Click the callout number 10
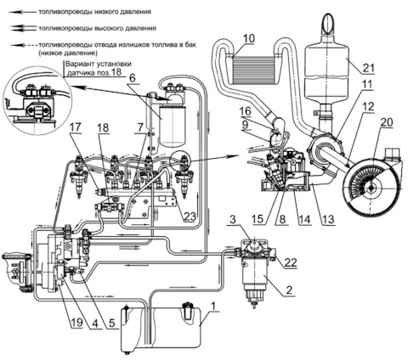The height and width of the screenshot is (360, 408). (248, 38)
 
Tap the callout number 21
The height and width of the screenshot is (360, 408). (367, 68)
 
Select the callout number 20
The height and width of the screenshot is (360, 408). (387, 122)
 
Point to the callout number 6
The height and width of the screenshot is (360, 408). (132, 78)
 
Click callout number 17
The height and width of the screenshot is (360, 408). (76, 127)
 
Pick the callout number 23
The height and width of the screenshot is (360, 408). (190, 217)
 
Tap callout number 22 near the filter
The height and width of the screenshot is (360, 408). (291, 262)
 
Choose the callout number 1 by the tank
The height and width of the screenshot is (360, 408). (213, 307)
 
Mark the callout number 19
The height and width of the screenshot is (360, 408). (76, 323)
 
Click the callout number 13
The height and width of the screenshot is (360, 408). (328, 219)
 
